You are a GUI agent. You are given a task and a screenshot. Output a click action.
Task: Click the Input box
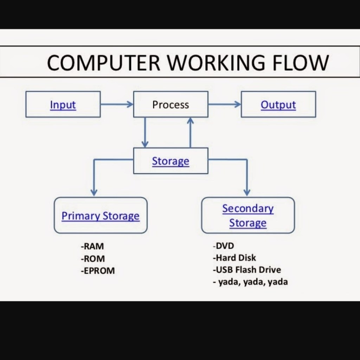[63, 104]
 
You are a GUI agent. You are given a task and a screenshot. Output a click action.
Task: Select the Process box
[171, 104]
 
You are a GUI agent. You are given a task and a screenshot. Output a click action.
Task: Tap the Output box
[278, 104]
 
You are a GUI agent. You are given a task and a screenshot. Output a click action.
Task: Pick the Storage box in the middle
[171, 161]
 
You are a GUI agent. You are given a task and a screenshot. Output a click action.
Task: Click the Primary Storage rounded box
[101, 216]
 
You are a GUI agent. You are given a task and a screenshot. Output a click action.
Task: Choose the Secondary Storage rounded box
[248, 216]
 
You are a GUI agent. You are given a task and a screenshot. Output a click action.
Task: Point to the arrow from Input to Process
[117, 104]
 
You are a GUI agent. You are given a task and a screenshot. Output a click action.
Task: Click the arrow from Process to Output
[224, 104]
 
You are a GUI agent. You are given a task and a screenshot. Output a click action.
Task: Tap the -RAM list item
[92, 246]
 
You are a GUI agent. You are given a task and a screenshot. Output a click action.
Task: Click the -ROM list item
[93, 259]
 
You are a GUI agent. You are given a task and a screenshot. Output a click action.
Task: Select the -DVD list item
[223, 246]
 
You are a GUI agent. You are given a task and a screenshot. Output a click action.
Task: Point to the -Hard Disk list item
[234, 258]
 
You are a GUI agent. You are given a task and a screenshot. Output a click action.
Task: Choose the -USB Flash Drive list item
[247, 270]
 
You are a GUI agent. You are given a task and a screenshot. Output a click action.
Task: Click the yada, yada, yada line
[250, 282]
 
